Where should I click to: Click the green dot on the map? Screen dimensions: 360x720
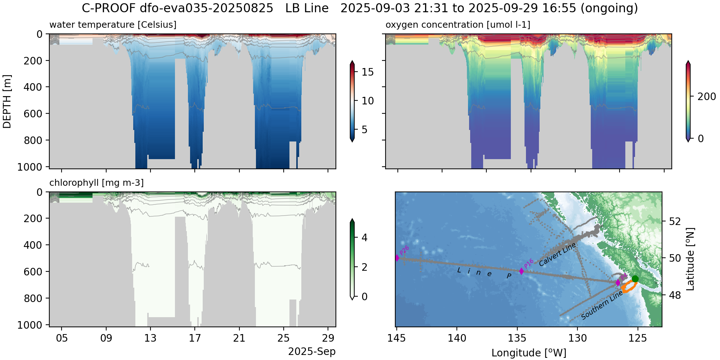(635, 279)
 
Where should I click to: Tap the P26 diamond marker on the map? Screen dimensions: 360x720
(397, 258)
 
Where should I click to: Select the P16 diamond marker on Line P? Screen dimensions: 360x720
(521, 271)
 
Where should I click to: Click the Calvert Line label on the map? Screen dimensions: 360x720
(557, 255)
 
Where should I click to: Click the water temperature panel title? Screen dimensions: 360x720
(113, 25)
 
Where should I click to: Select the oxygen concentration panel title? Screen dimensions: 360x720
(458, 25)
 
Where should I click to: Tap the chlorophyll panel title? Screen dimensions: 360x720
(96, 183)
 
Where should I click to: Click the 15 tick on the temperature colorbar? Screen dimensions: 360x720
(368, 72)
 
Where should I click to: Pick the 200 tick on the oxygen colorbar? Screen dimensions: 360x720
(706, 96)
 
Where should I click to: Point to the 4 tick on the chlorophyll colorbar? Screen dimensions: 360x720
(364, 238)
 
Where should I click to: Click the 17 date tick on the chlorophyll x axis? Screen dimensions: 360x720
(195, 338)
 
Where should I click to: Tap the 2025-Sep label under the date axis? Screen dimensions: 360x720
(312, 352)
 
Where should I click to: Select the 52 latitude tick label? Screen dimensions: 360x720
(675, 221)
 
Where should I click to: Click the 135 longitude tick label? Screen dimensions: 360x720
(517, 338)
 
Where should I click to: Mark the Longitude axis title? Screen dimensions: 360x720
(529, 353)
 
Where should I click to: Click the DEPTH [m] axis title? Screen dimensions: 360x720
(7, 102)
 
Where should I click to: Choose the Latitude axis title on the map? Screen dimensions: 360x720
(690, 259)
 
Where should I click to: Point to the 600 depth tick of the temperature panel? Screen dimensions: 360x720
(32, 113)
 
